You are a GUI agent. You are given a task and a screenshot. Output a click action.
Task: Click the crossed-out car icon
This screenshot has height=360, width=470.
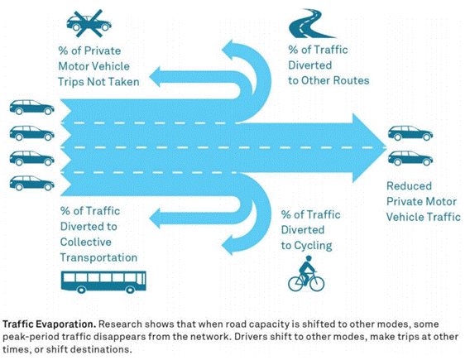[x=89, y=23]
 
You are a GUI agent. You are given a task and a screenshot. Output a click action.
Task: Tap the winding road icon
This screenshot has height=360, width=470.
[x=312, y=23]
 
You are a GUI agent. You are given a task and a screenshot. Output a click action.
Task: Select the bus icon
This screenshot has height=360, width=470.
[x=103, y=281]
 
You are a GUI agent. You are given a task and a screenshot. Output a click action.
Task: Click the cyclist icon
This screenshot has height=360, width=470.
[x=306, y=274]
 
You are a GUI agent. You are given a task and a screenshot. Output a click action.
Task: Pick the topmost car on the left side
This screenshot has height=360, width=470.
[x=31, y=108]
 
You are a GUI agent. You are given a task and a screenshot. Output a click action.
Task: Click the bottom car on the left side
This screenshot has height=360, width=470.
[x=31, y=183]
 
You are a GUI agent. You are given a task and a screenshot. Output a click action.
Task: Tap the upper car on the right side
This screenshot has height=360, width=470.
[x=410, y=133]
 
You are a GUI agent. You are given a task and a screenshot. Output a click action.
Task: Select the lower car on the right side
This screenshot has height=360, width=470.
[x=410, y=159]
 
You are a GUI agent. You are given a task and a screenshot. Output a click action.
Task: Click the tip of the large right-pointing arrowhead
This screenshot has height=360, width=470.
[x=386, y=148]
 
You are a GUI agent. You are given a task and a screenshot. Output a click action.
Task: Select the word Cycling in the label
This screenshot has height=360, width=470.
[x=313, y=246]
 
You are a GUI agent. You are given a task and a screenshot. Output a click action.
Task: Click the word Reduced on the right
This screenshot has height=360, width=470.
[x=409, y=186]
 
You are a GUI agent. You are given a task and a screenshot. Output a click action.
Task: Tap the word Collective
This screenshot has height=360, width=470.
[x=86, y=242]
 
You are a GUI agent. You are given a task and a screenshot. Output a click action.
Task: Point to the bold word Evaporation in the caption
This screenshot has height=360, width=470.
[x=65, y=324]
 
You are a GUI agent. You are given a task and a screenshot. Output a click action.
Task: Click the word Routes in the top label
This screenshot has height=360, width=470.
[x=351, y=80]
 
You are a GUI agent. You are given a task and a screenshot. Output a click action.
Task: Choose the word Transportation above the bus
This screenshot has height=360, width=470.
[x=98, y=257]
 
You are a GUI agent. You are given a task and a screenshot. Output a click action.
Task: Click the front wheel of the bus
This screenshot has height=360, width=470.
[x=130, y=290]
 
